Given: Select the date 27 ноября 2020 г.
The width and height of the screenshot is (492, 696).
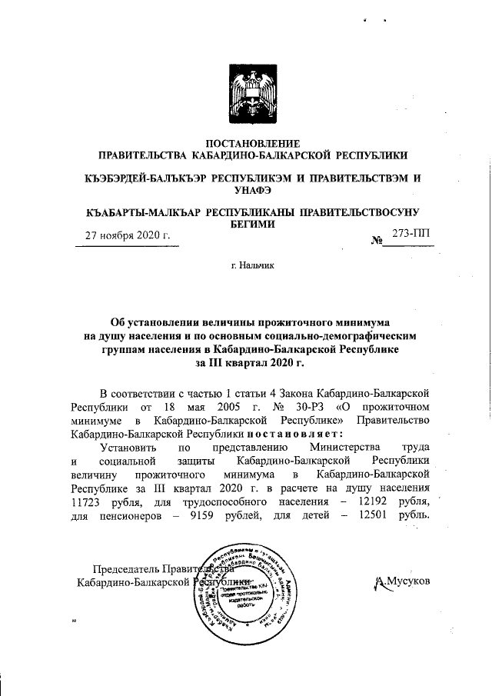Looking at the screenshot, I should tap(127, 235).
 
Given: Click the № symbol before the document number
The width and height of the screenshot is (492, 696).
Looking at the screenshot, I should tap(377, 241).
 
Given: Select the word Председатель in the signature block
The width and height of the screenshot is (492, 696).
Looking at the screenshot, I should tap(126, 570).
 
